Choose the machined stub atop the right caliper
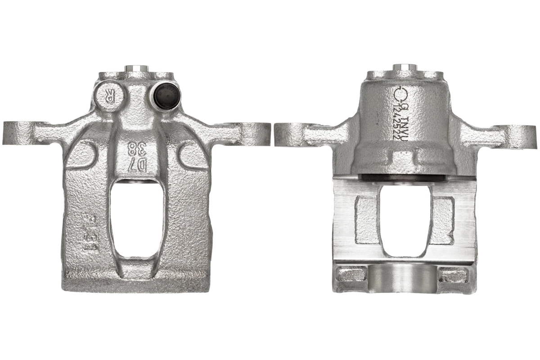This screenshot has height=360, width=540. [405, 68]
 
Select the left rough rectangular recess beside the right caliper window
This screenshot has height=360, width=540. [367, 219]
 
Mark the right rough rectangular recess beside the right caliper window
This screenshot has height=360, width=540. [442, 219]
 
